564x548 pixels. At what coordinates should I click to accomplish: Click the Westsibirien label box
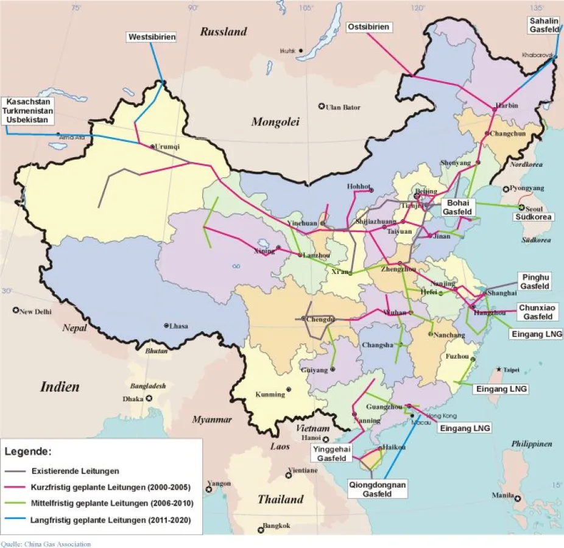coord(152,37)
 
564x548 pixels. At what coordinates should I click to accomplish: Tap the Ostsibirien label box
coord(368,27)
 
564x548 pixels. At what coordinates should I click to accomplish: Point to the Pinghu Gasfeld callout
coord(535,281)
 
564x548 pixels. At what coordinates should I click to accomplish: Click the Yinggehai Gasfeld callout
coord(332,453)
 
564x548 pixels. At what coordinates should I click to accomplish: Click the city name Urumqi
coord(168,146)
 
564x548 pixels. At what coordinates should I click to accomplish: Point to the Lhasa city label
coord(178,326)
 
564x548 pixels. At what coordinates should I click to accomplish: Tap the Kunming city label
coord(270,394)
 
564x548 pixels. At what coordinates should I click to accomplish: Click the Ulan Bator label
coord(343,108)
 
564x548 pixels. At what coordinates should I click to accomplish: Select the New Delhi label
coord(35,312)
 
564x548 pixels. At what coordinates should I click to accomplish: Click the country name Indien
coord(60,386)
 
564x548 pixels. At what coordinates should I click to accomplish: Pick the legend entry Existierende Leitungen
coord(75,471)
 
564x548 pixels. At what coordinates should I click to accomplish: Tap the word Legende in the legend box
coord(28,452)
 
